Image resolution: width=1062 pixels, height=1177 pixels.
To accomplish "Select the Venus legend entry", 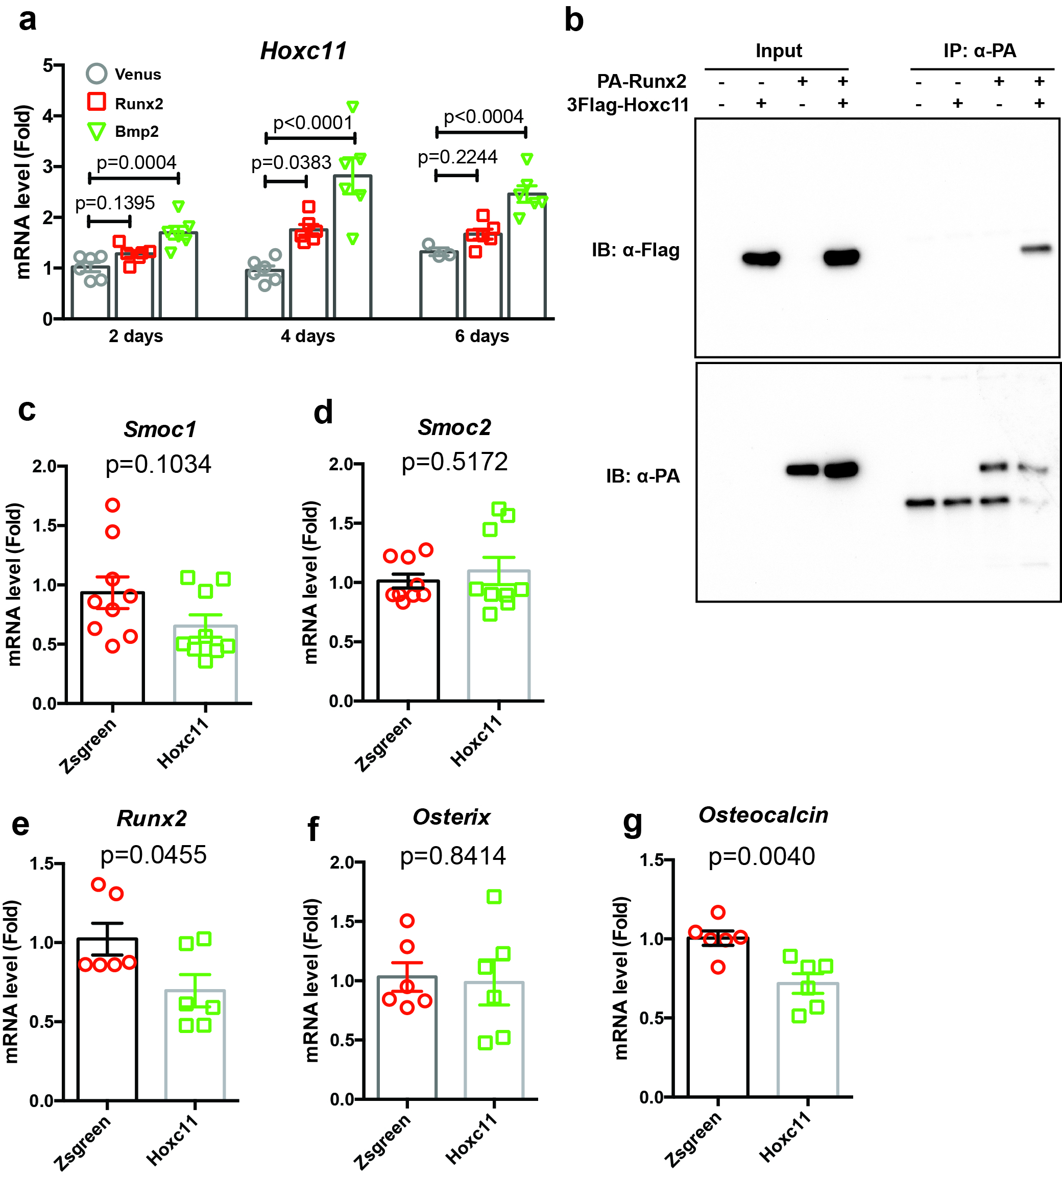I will [x=137, y=74].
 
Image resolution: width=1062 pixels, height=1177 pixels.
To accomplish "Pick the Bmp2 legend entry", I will [x=136, y=131].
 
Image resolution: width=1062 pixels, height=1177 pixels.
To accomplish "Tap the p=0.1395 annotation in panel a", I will [x=115, y=203].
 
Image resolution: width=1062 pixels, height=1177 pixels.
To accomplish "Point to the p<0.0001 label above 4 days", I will [x=313, y=123].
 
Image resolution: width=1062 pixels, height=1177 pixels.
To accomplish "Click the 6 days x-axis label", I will [x=482, y=336].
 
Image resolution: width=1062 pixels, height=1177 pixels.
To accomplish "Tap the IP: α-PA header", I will [x=980, y=51].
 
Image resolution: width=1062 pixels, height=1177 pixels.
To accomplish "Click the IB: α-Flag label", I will [x=636, y=250].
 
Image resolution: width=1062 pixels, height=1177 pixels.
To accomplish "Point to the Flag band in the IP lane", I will [x=1036, y=249].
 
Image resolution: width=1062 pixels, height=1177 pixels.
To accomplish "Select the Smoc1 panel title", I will [x=160, y=429].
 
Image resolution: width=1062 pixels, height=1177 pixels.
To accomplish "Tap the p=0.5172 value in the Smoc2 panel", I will [x=454, y=462].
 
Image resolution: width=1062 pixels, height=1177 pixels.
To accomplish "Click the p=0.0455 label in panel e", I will [x=154, y=855].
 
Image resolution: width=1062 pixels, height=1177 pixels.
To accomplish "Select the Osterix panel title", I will [x=451, y=817].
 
